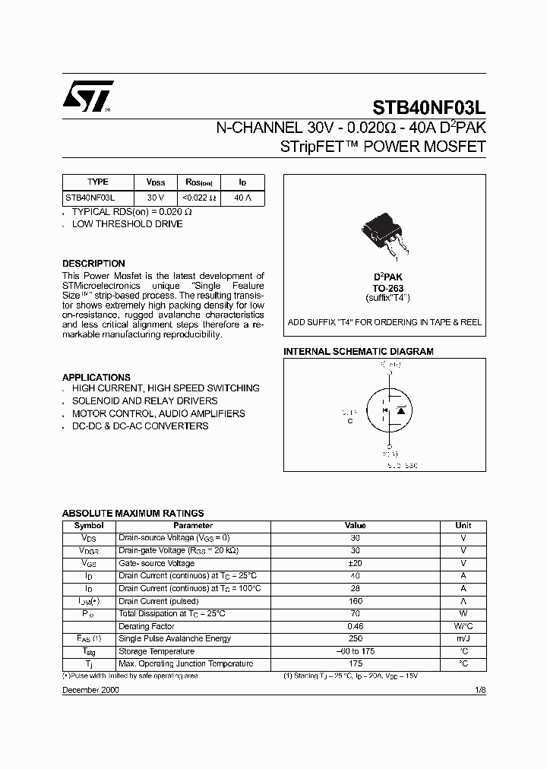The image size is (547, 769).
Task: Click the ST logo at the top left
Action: [x=88, y=97]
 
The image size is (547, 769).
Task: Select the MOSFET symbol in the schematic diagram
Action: [x=390, y=411]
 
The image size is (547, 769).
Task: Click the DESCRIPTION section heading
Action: [x=93, y=264]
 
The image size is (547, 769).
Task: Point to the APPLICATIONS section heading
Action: [x=96, y=377]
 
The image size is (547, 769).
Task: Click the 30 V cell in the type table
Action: [x=155, y=197]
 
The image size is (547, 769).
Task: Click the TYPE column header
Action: [x=97, y=182]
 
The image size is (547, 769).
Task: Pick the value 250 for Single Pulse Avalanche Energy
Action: [x=355, y=639]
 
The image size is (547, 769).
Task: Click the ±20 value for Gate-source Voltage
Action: [x=355, y=563]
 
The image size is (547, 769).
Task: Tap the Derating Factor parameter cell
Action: [x=147, y=626]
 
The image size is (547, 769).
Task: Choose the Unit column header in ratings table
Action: [x=463, y=525]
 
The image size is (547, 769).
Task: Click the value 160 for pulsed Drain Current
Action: [x=355, y=601]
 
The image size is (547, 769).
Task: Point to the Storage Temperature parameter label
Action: [x=155, y=651]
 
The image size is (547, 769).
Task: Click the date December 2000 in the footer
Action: [x=90, y=690]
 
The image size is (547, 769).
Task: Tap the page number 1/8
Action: [x=479, y=690]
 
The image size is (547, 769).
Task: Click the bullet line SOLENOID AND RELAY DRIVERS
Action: [x=144, y=400]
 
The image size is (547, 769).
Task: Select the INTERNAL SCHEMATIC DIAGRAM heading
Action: [x=358, y=352]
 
